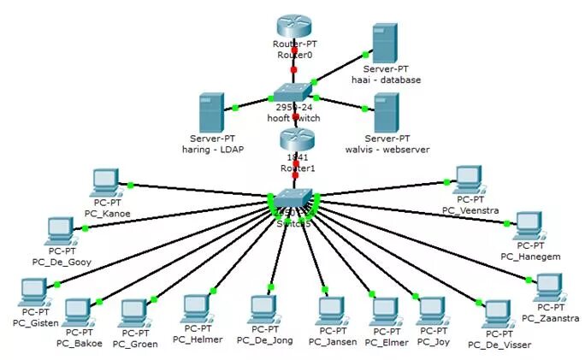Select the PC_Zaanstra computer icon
click(x=547, y=288)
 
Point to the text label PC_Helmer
click(x=198, y=339)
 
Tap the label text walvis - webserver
click(x=387, y=150)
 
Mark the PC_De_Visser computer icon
click(x=497, y=314)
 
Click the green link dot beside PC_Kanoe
click(x=130, y=185)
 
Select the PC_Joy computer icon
click(x=432, y=310)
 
